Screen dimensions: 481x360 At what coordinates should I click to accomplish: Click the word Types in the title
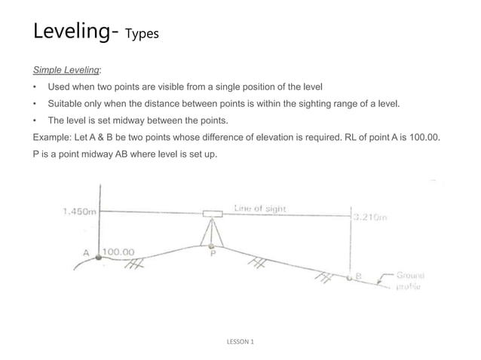tap(142, 34)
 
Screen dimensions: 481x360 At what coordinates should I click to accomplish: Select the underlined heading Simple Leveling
tap(66, 70)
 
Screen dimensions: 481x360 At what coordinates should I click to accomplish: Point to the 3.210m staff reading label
tap(370, 217)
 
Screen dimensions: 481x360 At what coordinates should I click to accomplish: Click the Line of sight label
tap(260, 208)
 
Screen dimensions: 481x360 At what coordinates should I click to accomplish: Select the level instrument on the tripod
tap(212, 214)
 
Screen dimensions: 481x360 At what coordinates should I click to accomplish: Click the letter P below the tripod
tap(213, 255)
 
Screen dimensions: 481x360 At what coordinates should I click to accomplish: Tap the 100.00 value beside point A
tap(118, 252)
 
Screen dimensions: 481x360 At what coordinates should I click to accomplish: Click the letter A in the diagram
tap(87, 252)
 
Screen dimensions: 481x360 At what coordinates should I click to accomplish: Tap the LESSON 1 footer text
tap(240, 342)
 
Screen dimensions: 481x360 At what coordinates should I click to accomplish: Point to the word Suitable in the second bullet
tap(66, 103)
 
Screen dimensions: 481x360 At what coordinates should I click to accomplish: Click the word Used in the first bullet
tap(60, 87)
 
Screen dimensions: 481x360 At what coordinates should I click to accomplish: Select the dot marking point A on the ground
tap(98, 257)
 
